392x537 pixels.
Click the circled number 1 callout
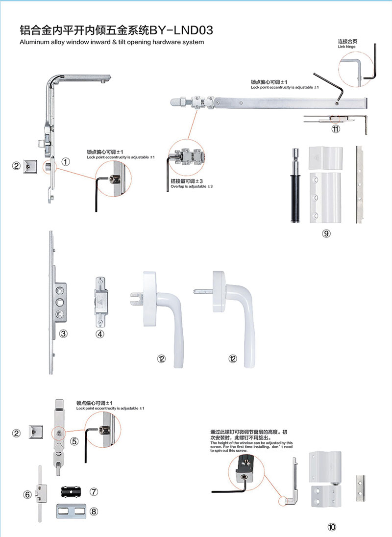(66, 161)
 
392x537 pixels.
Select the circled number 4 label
(100, 334)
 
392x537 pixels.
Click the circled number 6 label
(27, 494)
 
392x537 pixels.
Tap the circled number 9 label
(326, 233)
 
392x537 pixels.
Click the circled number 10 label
(332, 528)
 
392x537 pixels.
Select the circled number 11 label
(336, 129)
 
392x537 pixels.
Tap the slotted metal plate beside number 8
(72, 511)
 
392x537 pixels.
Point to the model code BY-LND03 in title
(181, 31)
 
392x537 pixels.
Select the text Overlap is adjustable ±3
(191, 186)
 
